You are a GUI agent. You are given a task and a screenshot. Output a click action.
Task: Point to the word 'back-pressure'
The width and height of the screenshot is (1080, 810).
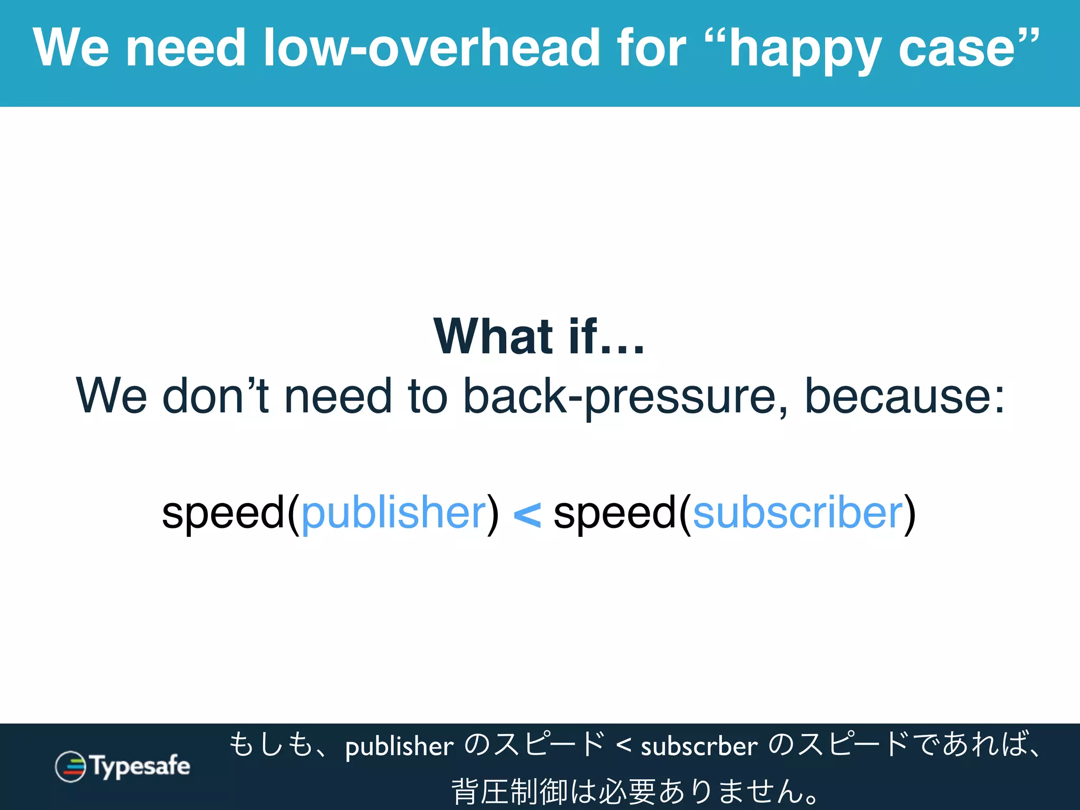(x=625, y=397)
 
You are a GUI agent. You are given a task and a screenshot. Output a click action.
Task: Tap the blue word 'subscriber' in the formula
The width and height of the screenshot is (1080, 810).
(x=798, y=513)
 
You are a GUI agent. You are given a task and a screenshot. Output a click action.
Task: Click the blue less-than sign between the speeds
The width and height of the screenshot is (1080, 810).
(x=526, y=514)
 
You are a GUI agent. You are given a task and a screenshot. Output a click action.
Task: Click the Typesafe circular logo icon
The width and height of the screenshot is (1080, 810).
(x=70, y=766)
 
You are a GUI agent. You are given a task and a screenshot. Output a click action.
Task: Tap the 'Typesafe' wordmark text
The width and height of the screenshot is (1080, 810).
(x=140, y=766)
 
